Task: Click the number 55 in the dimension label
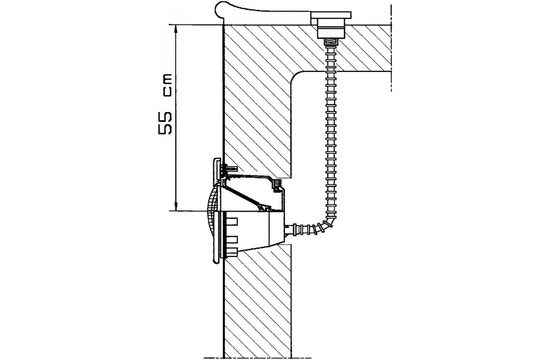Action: [x=165, y=123]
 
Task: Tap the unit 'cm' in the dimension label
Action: [x=166, y=85]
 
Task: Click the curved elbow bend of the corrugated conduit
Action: [x=328, y=220]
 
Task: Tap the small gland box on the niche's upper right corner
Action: [x=276, y=185]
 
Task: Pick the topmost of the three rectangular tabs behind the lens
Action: [x=232, y=220]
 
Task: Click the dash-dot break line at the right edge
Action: [x=391, y=47]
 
